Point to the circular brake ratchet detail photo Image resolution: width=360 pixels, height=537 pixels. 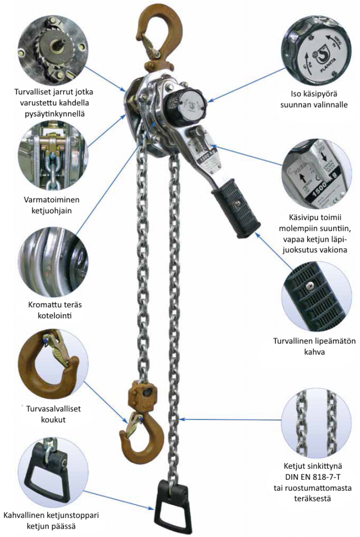click(52, 46)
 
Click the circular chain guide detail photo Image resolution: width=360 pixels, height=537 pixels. click(52, 157)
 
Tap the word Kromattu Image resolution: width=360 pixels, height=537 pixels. click(43, 305)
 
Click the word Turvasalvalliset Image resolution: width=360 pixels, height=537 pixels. click(53, 409)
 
